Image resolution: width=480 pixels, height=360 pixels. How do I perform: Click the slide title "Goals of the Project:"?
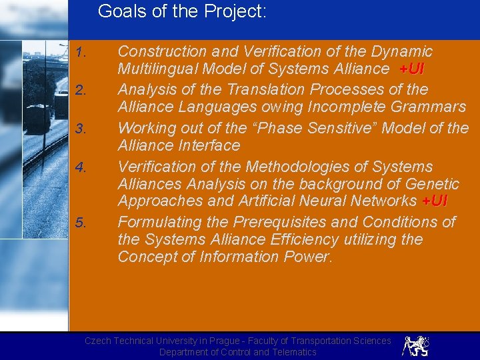coord(182,11)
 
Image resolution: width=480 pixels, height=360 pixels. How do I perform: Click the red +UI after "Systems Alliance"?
coord(411,69)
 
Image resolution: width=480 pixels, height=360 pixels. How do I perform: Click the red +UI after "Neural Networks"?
coord(435,201)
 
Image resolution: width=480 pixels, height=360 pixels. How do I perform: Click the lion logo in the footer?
coord(415,345)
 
